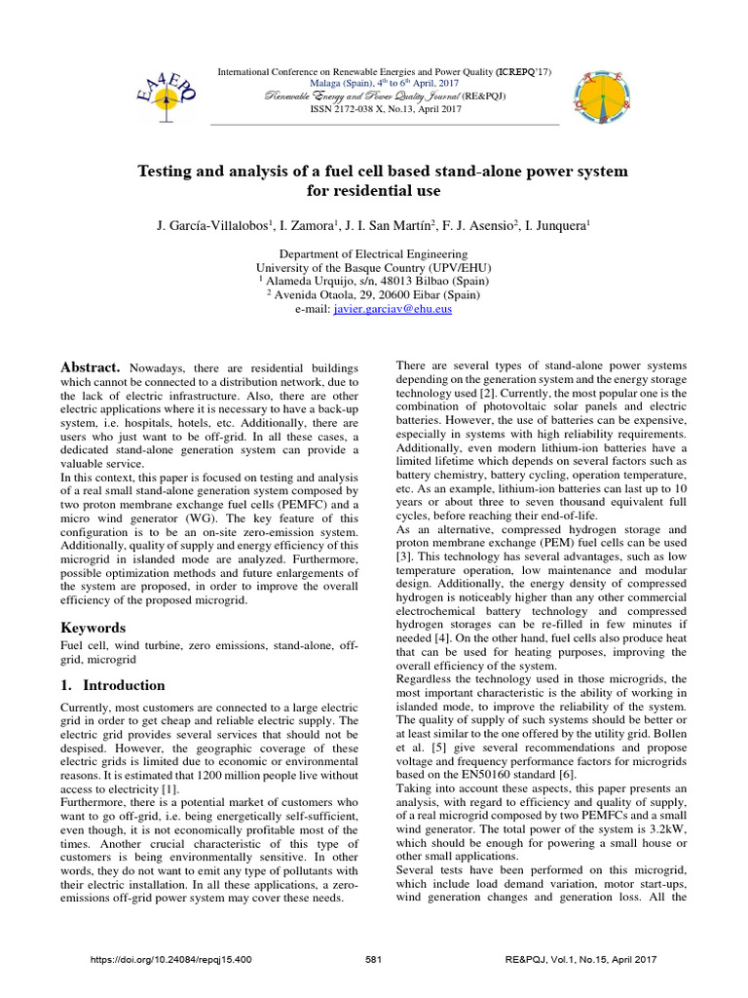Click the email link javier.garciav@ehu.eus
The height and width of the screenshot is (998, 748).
point(393,309)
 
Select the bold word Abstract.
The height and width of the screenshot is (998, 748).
point(90,366)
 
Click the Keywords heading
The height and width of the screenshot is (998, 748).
point(95,629)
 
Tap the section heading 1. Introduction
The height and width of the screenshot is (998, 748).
point(113,685)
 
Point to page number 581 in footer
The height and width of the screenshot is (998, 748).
point(372,960)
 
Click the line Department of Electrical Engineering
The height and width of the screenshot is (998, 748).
point(374,252)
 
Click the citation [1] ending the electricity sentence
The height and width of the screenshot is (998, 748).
point(171,759)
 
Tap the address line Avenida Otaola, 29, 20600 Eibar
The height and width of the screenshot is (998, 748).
point(379,294)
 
